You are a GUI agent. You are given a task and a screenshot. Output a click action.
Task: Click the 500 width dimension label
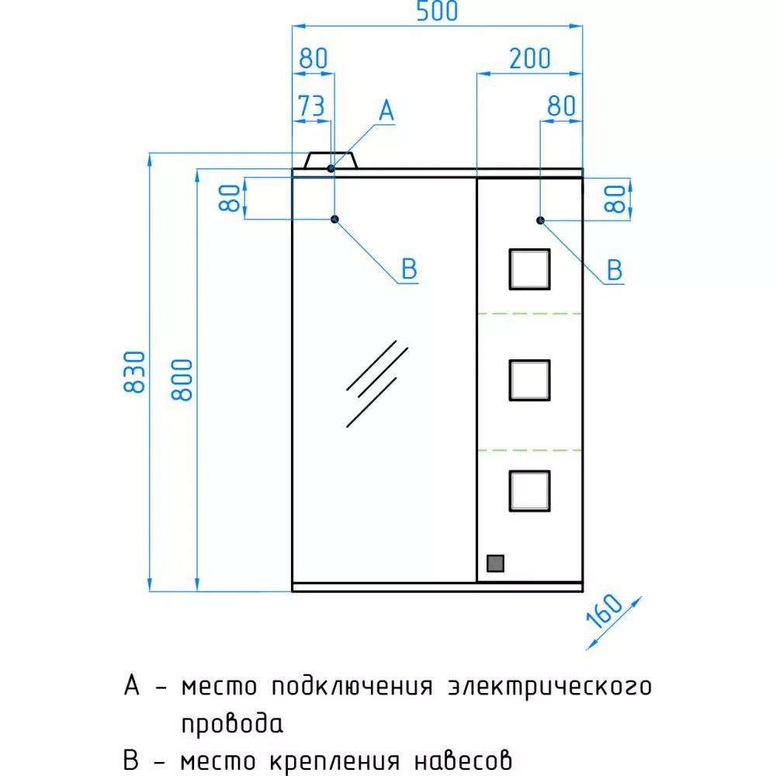[437, 12]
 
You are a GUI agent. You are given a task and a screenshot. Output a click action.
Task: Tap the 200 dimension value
[529, 59]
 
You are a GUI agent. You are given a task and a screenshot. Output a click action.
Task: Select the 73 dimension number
[311, 106]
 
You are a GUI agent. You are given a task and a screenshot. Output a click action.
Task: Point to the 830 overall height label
[134, 372]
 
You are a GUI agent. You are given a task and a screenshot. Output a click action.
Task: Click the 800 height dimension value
[182, 379]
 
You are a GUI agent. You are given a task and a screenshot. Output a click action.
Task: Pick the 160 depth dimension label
[605, 611]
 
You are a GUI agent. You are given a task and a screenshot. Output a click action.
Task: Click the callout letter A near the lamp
[386, 110]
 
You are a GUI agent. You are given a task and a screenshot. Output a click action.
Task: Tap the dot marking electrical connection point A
[331, 168]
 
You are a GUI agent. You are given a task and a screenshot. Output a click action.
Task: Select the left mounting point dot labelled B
[335, 219]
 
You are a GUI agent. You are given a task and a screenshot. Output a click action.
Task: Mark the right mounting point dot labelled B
[540, 220]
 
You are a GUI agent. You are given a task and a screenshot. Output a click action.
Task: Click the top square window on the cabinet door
[529, 269]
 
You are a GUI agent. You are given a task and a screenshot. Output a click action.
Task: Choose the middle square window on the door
[529, 380]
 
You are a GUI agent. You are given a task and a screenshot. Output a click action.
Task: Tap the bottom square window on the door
[529, 491]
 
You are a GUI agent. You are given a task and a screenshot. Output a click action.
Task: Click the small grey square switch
[495, 563]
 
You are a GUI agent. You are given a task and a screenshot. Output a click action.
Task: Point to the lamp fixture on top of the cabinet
[331, 161]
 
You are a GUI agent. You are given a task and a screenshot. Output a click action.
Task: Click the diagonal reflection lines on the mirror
[377, 383]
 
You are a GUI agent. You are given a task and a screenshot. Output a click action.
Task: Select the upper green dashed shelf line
[529, 314]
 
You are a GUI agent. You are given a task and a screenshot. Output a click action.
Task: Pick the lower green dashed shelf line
[529, 450]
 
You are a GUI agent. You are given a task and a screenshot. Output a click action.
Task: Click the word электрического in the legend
[549, 688]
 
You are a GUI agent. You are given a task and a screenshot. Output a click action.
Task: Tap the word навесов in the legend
[462, 760]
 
